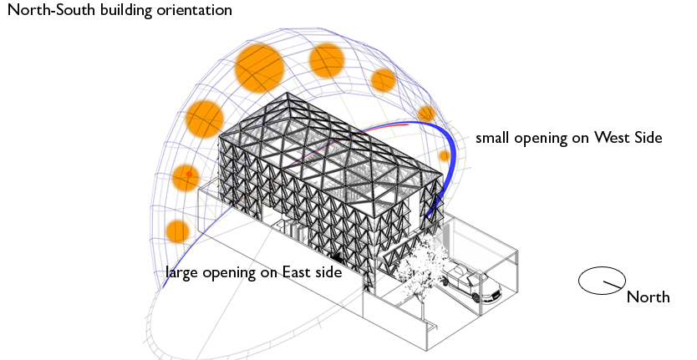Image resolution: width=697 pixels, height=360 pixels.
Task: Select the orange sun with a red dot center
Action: click(186, 177)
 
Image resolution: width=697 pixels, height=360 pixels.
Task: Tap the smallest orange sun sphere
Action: click(445, 155)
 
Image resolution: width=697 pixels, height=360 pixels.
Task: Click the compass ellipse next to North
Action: click(603, 281)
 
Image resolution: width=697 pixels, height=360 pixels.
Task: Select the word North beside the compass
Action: click(648, 297)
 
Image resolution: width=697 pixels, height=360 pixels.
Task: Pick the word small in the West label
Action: click(493, 138)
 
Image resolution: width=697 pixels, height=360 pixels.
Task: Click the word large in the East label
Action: click(183, 273)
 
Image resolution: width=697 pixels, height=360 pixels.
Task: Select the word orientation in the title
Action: click(191, 13)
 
